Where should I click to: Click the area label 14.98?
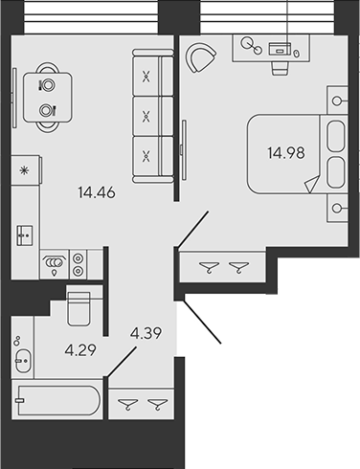[286, 153]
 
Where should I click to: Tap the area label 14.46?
[97, 192]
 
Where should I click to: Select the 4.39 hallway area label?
[146, 333]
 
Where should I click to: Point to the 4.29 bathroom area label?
[80, 350]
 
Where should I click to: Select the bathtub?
[58, 400]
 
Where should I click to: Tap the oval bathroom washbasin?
[23, 361]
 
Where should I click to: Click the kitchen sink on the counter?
[25, 235]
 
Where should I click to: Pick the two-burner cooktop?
[79, 264]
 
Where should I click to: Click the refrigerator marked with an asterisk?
[26, 170]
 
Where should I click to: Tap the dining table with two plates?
[48, 98]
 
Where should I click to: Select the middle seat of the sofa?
[152, 116]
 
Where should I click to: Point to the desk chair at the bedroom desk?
[281, 68]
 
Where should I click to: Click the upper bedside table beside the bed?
[337, 100]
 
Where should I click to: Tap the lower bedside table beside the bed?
[337, 208]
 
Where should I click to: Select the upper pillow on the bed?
[336, 136]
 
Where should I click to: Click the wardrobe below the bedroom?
[222, 267]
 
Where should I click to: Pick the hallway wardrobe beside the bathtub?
[142, 404]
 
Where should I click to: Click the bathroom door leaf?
[122, 363]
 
